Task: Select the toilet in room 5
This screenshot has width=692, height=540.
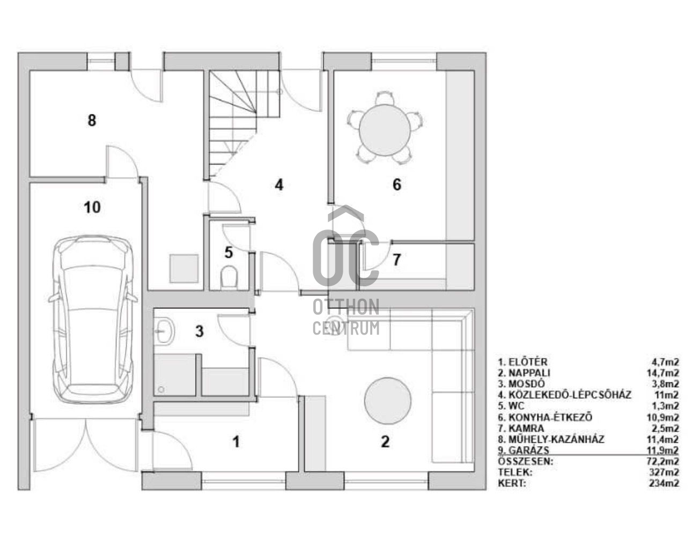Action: [x=229, y=276]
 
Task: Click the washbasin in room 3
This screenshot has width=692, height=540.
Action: [x=165, y=332]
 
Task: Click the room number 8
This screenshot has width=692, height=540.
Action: [x=92, y=121]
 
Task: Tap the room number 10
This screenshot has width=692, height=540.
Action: [x=92, y=207]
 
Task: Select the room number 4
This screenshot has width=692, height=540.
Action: [x=279, y=185]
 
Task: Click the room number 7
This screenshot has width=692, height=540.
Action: [x=396, y=260]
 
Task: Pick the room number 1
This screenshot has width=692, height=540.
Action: [x=236, y=442]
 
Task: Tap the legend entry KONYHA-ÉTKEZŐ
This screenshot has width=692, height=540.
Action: [x=545, y=417]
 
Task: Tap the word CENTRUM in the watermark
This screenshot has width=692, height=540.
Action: [x=346, y=328]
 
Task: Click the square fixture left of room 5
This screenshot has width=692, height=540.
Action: [x=184, y=268]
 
